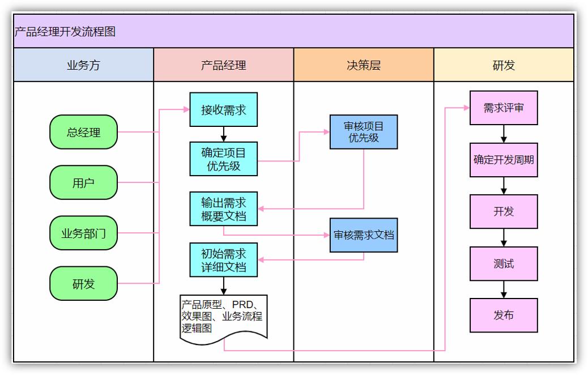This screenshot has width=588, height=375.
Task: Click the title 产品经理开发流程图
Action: pyautogui.click(x=65, y=32)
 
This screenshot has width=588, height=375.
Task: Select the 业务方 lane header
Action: pyautogui.click(x=83, y=65)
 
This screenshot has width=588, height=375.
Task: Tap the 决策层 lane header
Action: pyautogui.click(x=364, y=65)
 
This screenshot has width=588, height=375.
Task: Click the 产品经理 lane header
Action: pyautogui.click(x=223, y=65)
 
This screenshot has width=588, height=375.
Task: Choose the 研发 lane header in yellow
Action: pyautogui.click(x=504, y=65)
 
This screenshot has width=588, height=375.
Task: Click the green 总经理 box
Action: pyautogui.click(x=83, y=133)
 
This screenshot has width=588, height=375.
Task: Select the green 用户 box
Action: pyautogui.click(x=83, y=183)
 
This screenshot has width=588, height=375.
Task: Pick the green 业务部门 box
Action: pyautogui.click(x=83, y=233)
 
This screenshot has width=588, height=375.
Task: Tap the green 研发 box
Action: pyautogui.click(x=83, y=284)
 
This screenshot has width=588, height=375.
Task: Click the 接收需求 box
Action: pyautogui.click(x=223, y=110)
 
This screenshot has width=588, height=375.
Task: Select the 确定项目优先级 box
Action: pyautogui.click(x=223, y=159)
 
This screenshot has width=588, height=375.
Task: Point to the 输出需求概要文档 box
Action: pyautogui.click(x=223, y=209)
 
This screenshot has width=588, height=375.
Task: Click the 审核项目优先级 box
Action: pyautogui.click(x=364, y=132)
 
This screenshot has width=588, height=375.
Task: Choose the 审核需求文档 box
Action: pyautogui.click(x=364, y=235)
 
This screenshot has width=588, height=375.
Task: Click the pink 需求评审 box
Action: pyautogui.click(x=504, y=108)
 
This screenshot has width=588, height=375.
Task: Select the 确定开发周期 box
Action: pyautogui.click(x=504, y=160)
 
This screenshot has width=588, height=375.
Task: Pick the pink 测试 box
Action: pyautogui.click(x=504, y=263)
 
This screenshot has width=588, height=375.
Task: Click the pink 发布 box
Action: pyautogui.click(x=504, y=315)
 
